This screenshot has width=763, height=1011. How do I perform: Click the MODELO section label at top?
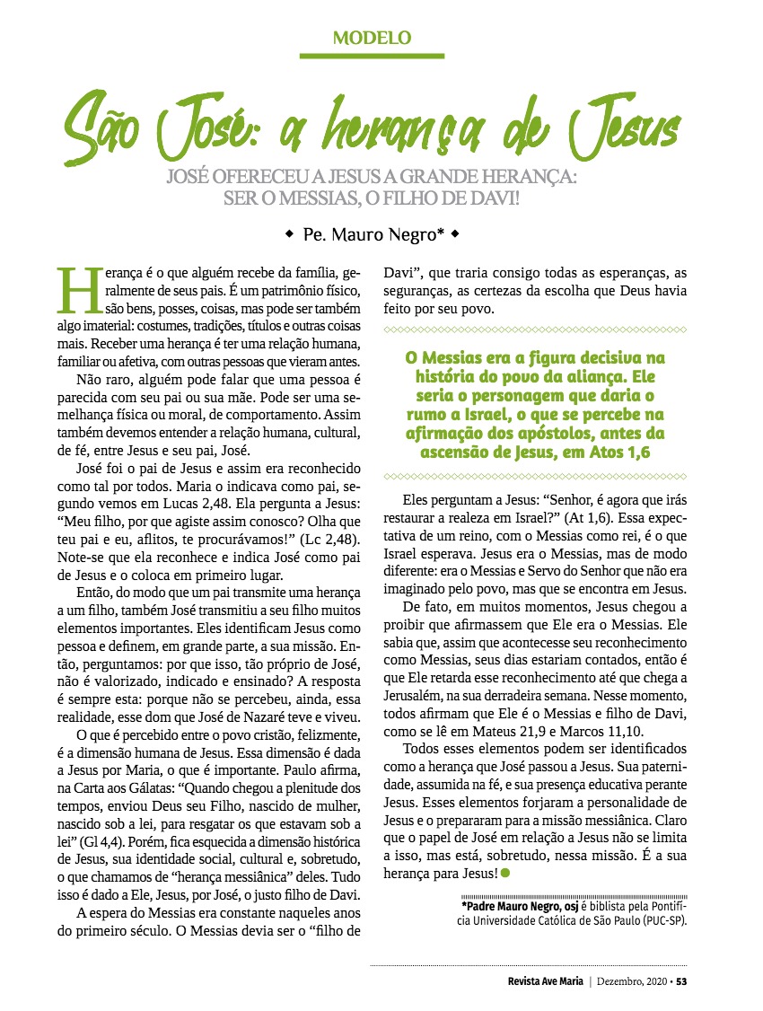coord(372,38)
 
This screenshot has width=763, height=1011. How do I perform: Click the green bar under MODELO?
coord(372,56)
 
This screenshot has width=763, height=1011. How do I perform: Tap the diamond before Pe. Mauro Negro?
coord(288,234)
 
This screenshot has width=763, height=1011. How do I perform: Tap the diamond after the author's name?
coord(455,234)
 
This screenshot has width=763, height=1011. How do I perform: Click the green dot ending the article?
coord(505,874)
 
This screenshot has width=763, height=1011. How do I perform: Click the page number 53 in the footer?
coord(681,980)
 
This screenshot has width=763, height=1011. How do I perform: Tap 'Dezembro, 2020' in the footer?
coord(631,980)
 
